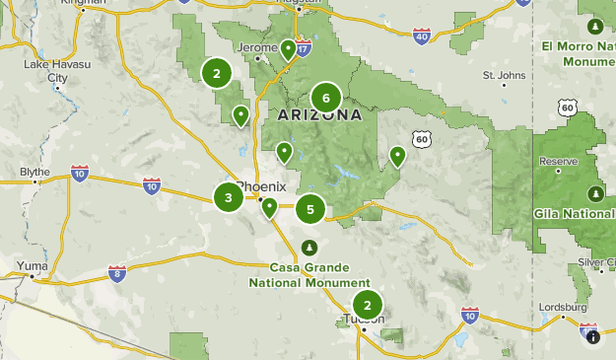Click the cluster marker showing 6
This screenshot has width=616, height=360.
(325, 98)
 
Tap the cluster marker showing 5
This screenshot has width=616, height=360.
(310, 209)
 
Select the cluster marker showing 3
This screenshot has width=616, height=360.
(228, 197)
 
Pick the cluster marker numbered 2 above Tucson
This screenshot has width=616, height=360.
(368, 305)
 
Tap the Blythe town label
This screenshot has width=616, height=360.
(34, 172)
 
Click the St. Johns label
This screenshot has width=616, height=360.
(504, 75)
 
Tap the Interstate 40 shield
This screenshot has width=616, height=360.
(422, 36)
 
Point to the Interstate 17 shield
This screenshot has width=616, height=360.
(303, 46)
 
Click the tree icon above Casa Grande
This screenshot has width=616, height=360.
(308, 246)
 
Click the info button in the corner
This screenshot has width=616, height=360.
(593, 336)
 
